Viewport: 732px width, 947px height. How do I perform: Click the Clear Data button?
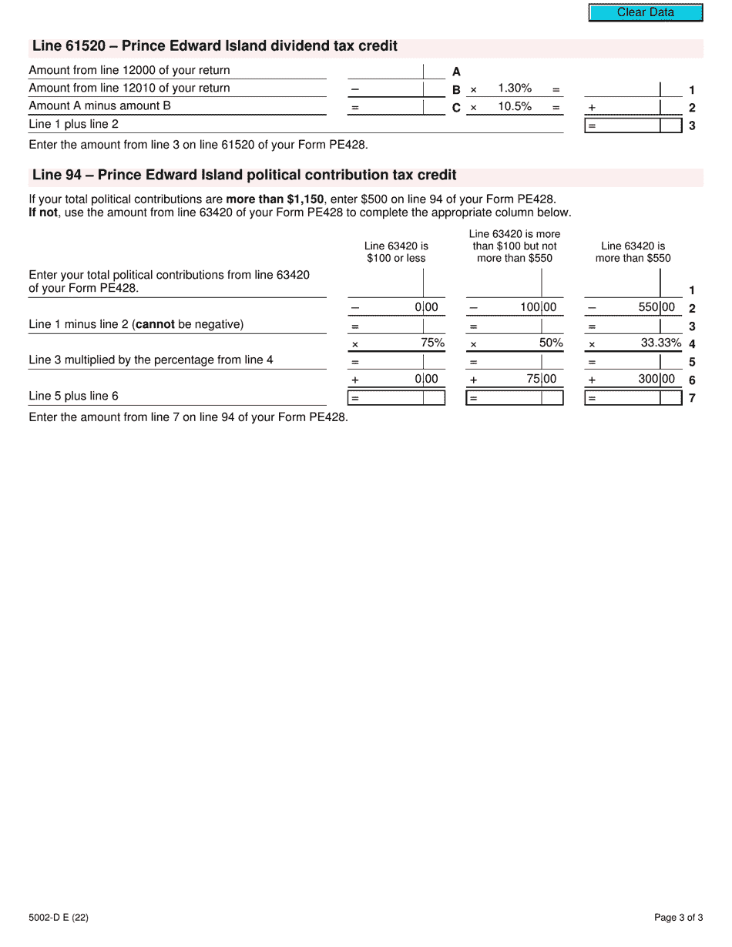646,12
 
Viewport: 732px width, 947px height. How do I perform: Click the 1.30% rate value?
515,89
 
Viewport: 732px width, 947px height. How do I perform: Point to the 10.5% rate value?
515,107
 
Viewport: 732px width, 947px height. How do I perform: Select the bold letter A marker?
456,72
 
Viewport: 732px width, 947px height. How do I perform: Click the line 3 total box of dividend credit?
633,125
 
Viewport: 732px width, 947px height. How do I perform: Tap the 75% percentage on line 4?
432,343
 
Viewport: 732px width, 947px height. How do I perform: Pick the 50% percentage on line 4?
551,343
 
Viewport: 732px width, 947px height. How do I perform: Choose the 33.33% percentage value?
661,343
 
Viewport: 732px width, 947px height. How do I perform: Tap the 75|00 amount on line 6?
542,379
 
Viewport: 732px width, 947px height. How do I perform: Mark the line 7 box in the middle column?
514,398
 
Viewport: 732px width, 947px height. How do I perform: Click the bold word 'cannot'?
155,324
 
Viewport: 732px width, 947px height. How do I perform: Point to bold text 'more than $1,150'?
274,199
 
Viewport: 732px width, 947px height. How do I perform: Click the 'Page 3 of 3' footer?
678,917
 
